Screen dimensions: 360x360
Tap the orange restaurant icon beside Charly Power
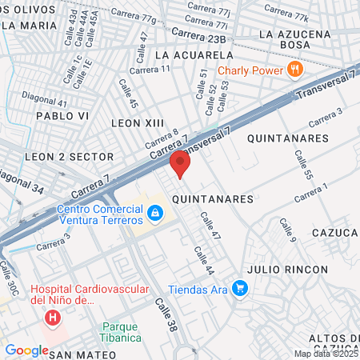click(x=295, y=69)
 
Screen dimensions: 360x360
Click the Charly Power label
click(x=251, y=70)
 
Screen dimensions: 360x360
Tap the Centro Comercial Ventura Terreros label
click(x=99, y=214)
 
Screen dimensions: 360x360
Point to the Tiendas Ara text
click(x=198, y=289)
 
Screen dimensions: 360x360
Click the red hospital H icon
click(x=53, y=318)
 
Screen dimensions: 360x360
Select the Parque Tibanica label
click(x=121, y=332)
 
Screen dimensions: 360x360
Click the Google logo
click(x=26, y=350)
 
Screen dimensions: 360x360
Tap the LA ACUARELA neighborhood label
click(x=194, y=55)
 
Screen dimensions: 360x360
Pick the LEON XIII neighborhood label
click(x=137, y=122)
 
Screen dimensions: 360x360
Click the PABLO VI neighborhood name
click(x=60, y=115)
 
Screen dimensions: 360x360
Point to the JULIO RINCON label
click(x=288, y=269)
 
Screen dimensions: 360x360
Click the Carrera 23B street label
click(x=198, y=36)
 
